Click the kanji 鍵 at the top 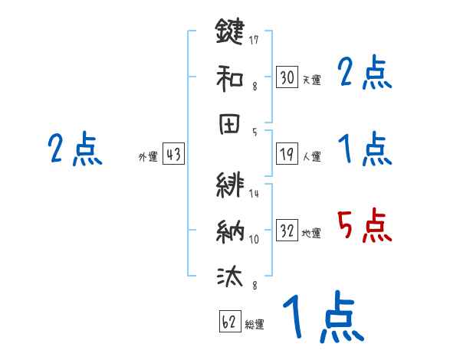click(x=230, y=33)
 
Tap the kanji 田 click(x=230, y=123)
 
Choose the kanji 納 click(x=230, y=230)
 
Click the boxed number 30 click(x=287, y=77)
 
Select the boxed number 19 click(x=287, y=155)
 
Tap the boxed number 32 click(x=287, y=231)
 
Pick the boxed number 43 click(x=173, y=155)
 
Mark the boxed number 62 click(x=229, y=322)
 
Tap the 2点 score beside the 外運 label click(x=74, y=149)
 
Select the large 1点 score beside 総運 click(x=322, y=317)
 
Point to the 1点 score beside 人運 click(x=365, y=149)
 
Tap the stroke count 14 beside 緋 click(x=254, y=193)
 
